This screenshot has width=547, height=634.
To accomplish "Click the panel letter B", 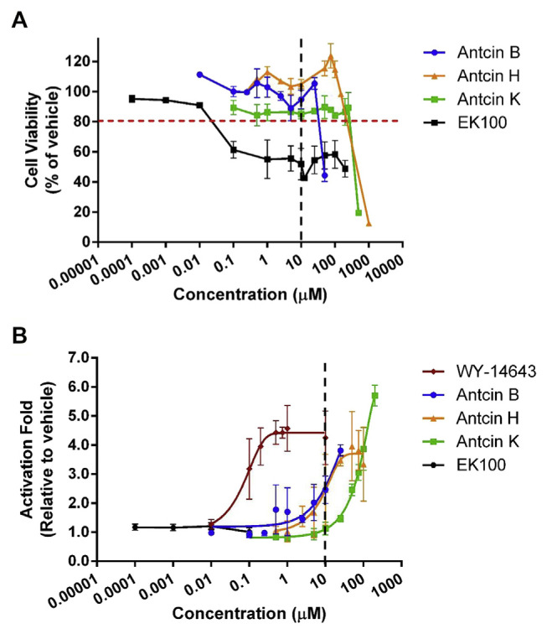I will [18, 337].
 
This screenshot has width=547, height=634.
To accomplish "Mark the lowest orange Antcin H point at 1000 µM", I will [369, 224].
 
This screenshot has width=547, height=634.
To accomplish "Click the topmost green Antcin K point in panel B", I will [375, 396].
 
